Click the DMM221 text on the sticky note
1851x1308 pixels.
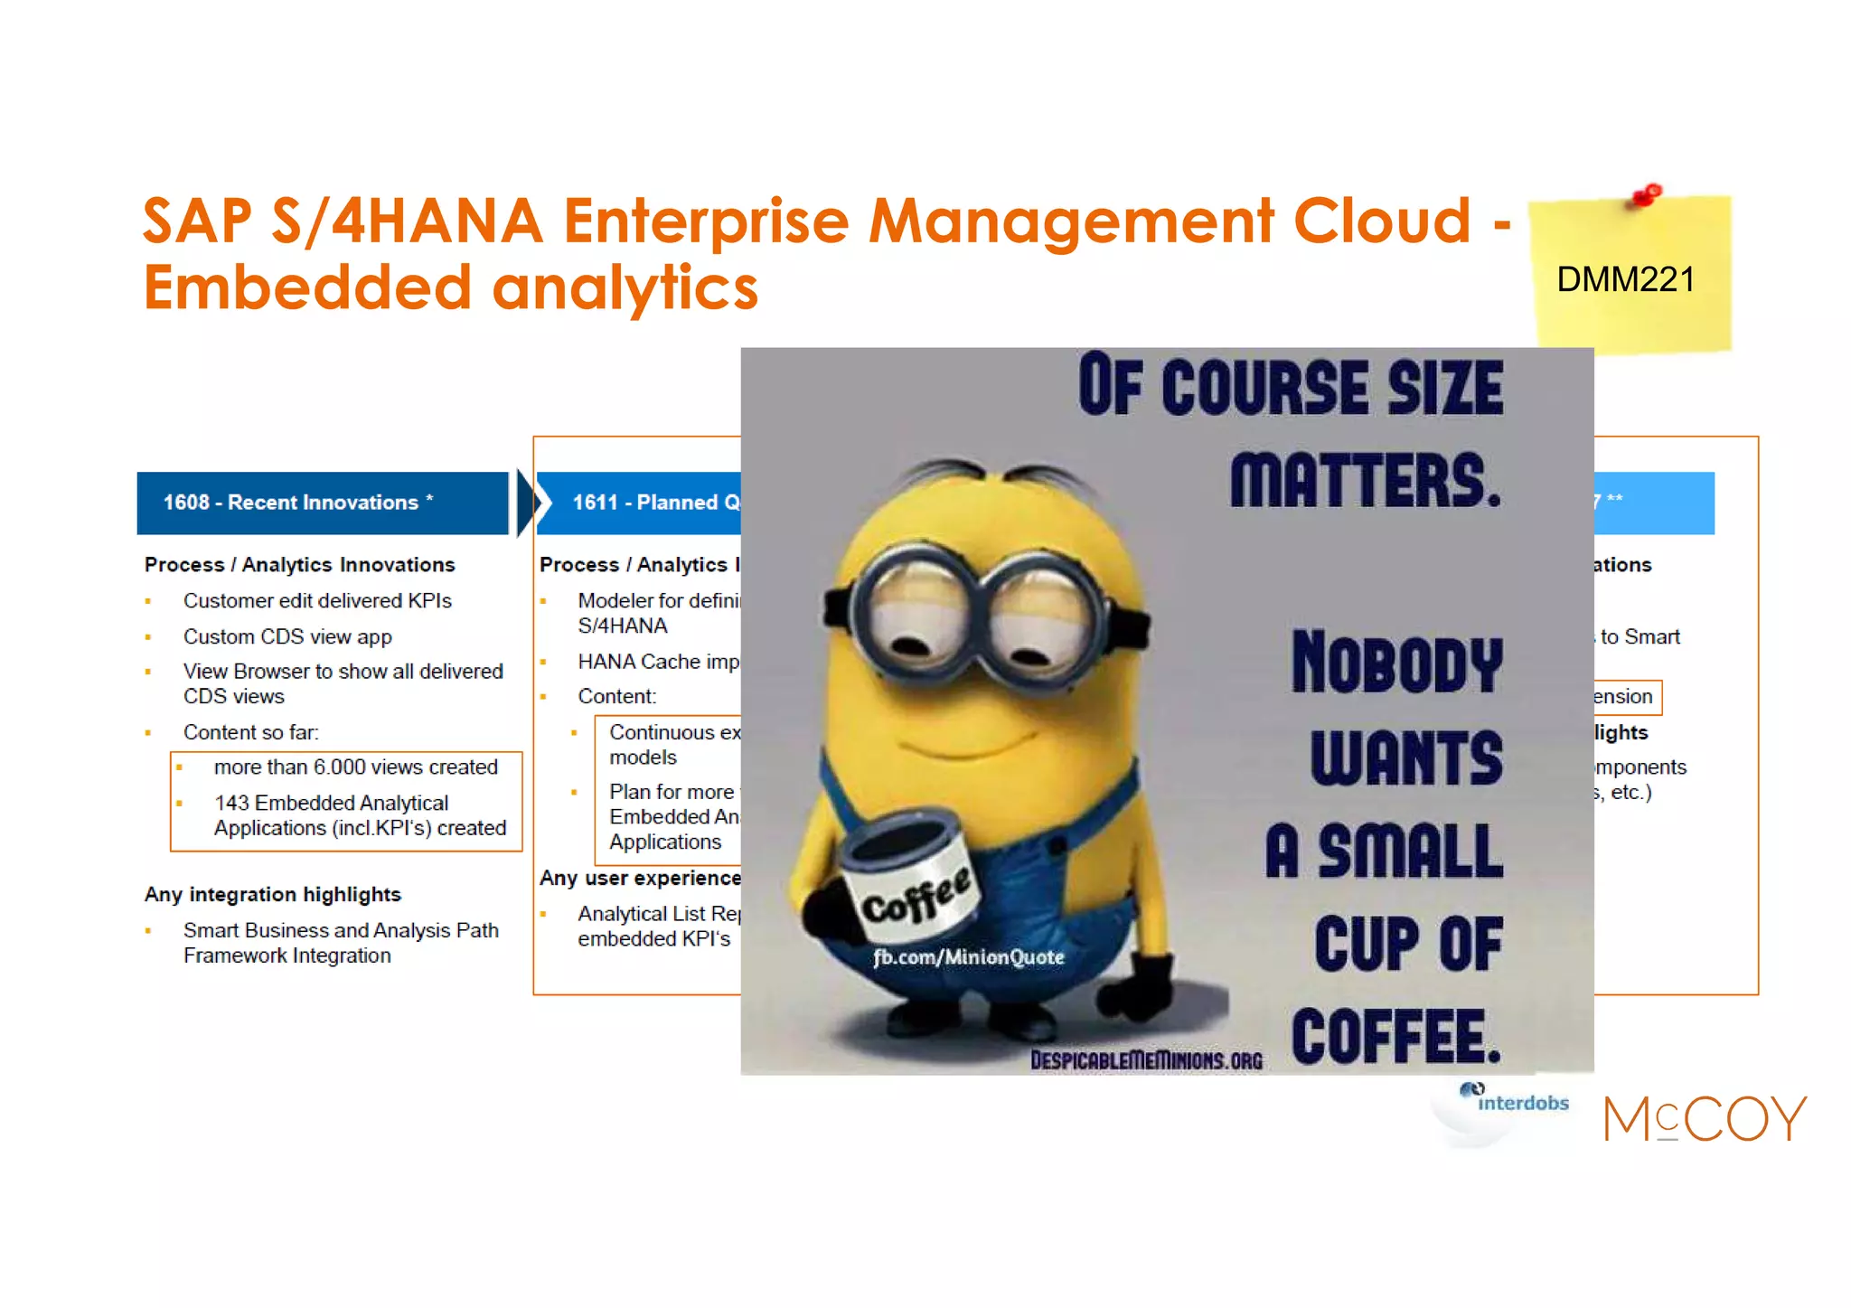pos(1625,280)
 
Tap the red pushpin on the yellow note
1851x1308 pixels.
pos(1648,194)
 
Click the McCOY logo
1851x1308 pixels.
pos(1705,1119)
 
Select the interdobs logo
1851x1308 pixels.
pos(1517,1100)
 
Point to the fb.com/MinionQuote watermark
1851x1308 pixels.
pos(968,957)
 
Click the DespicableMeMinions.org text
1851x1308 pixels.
pos(1146,1060)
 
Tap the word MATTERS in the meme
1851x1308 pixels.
pos(1365,481)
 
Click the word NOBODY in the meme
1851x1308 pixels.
pos(1396,663)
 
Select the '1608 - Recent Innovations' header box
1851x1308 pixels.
pos(322,503)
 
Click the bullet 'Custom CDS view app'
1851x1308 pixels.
pos(287,636)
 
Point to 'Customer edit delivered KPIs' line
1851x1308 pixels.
pos(317,601)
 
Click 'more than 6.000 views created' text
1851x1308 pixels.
pos(355,767)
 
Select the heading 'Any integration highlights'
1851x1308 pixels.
pos(273,894)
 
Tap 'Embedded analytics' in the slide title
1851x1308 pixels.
pos(450,287)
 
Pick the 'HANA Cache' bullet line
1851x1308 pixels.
pos(658,662)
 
